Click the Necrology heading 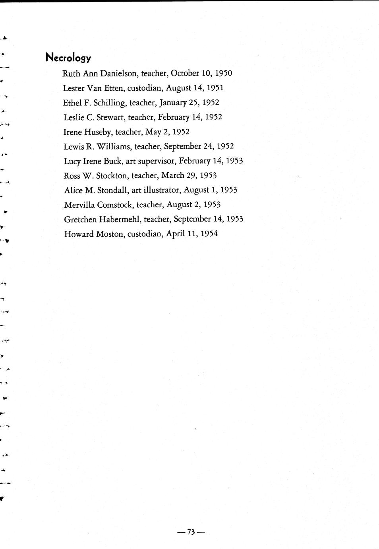(x=68, y=58)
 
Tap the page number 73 (x=191, y=532)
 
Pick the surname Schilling (x=110, y=103)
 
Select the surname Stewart (x=110, y=117)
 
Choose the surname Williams (x=113, y=146)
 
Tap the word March (x=172, y=175)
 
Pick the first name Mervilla (x=79, y=205)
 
